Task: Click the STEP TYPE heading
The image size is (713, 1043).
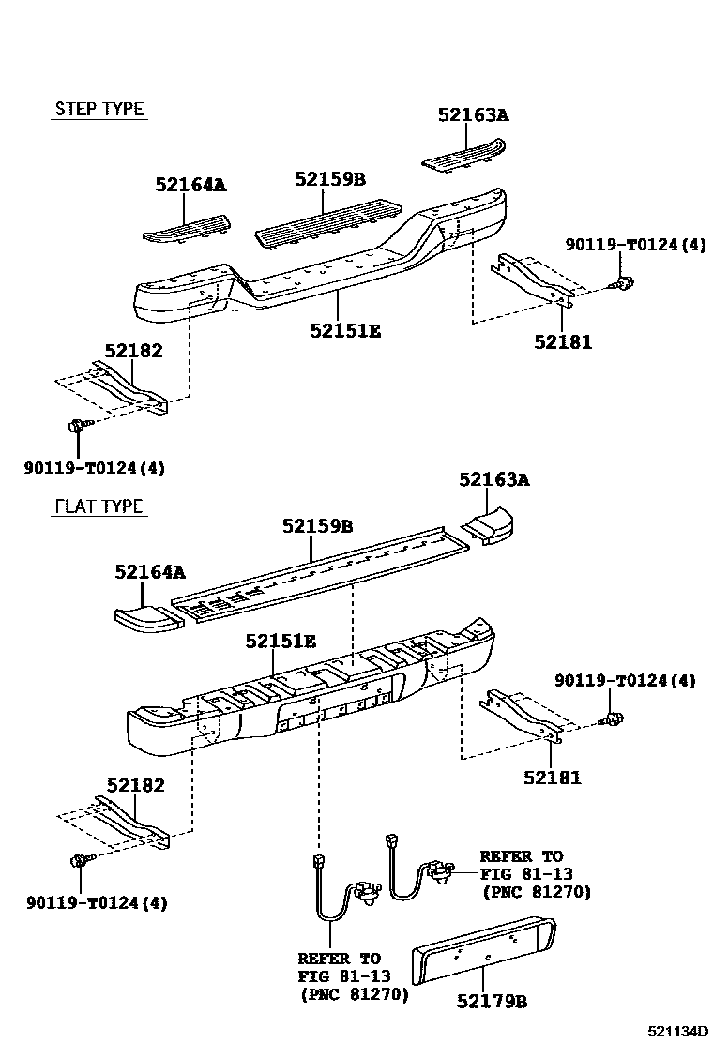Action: tap(99, 109)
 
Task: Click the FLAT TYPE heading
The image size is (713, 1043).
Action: tap(99, 506)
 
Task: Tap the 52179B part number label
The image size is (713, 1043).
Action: tap(493, 1002)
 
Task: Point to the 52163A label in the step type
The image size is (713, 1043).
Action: tap(473, 115)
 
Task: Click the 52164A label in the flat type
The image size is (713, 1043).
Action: tap(150, 571)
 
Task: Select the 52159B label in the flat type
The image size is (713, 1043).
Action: tap(317, 527)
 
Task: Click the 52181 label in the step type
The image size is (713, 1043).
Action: tap(563, 341)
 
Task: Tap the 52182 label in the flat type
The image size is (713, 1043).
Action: tap(135, 785)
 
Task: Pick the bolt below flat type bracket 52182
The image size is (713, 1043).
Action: tap(79, 859)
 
